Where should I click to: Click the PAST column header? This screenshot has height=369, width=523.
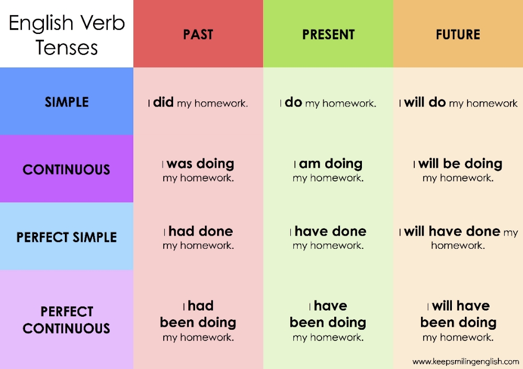click(198, 34)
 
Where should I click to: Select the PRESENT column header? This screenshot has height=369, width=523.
click(328, 34)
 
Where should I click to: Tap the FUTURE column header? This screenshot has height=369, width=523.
click(458, 34)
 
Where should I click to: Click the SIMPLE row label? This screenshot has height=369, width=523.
click(66, 102)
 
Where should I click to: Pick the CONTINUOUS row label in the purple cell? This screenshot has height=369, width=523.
click(66, 169)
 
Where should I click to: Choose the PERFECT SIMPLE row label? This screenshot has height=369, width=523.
click(66, 237)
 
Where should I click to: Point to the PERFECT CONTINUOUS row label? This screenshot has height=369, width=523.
click(66, 320)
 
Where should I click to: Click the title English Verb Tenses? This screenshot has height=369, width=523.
click(66, 34)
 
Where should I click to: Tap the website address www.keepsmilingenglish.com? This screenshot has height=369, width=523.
click(465, 361)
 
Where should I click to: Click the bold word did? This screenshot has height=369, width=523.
click(163, 102)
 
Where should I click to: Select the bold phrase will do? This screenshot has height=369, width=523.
click(425, 102)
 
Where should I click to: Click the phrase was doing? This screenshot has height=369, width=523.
click(200, 164)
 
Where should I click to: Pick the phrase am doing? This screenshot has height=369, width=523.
click(331, 164)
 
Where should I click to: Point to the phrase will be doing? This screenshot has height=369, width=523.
click(460, 164)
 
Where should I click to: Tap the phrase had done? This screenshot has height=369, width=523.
click(201, 231)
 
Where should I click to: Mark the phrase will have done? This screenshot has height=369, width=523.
click(452, 231)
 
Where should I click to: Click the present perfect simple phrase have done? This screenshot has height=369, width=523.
click(331, 231)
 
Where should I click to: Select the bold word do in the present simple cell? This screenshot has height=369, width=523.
click(293, 102)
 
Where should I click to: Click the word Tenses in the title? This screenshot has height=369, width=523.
click(66, 48)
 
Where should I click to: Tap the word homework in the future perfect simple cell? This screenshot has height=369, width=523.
click(458, 245)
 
